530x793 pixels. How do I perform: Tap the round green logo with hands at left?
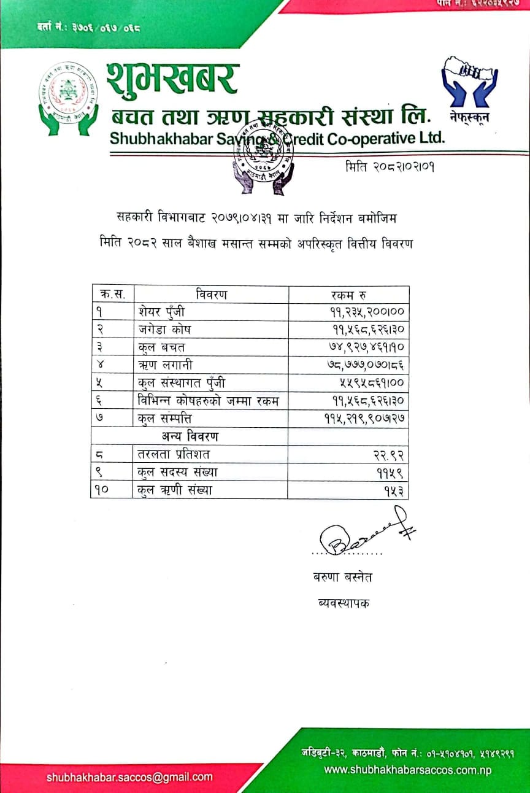[x=68, y=98]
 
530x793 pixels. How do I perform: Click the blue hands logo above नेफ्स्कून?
[x=469, y=79]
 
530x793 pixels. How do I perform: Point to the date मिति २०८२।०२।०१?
[x=390, y=167]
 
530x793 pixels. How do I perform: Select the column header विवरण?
[x=212, y=295]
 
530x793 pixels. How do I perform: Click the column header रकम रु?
[x=348, y=295]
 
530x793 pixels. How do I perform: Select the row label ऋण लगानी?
[x=166, y=365]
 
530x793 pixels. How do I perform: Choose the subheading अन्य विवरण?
[x=190, y=436]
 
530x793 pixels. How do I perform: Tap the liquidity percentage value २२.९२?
[x=391, y=455]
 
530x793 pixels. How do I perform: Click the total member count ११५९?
[x=393, y=473]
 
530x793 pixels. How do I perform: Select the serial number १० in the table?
[x=103, y=490]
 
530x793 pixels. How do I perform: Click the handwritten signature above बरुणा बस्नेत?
[x=362, y=532]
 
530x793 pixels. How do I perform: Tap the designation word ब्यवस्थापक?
[x=340, y=603]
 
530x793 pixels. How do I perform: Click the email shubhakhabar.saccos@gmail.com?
[x=129, y=777]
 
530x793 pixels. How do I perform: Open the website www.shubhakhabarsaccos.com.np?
[x=408, y=770]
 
